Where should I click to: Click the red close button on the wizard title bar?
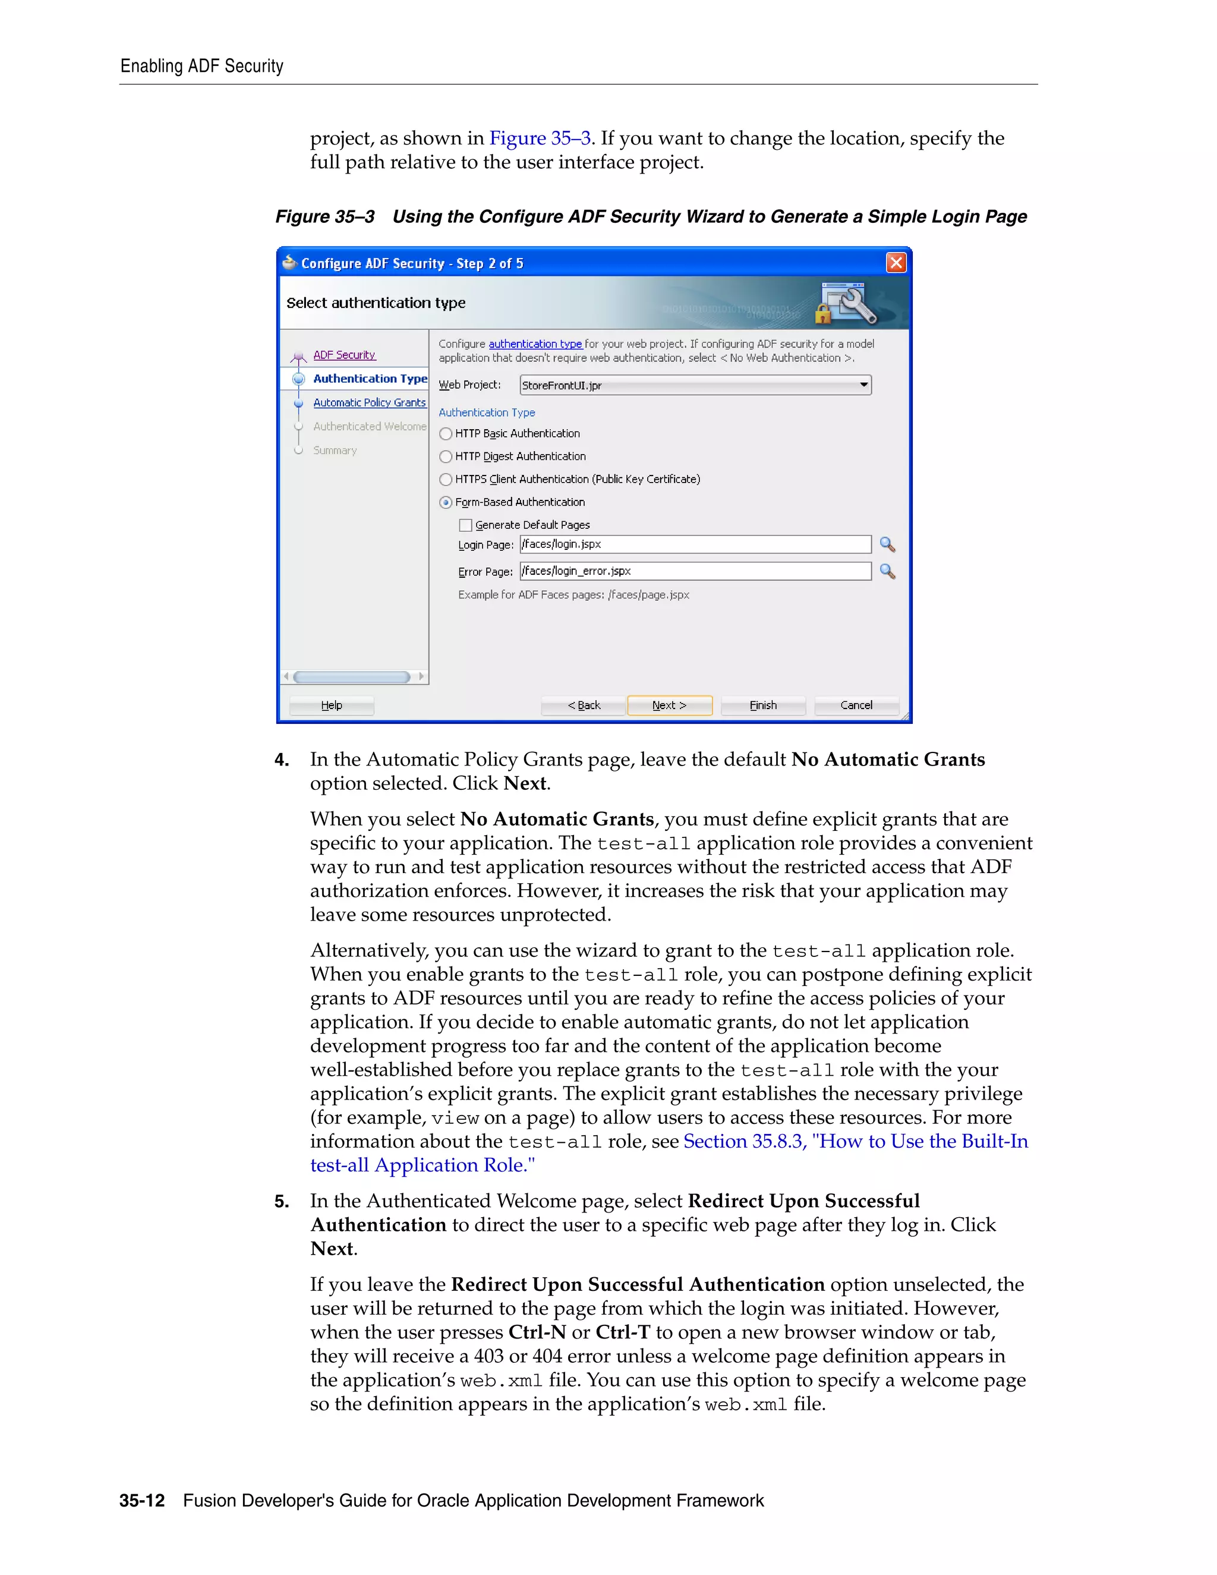896,263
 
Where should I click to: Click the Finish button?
763,705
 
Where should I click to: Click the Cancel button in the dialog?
856,705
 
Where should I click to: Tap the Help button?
332,705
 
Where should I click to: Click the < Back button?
584,705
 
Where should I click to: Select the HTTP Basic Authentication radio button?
446,433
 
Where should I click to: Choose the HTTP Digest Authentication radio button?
446,456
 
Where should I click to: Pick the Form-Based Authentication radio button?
446,503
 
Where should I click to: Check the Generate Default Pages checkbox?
466,525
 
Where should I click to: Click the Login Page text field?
695,544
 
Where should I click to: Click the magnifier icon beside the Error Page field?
888,571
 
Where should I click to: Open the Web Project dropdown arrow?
863,385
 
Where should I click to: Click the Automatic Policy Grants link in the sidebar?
369,402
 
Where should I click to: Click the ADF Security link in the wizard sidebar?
344,355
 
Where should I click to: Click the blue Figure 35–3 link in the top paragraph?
540,138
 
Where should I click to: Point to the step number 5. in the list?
282,1201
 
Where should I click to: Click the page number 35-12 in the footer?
142,1501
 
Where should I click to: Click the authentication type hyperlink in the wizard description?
535,344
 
